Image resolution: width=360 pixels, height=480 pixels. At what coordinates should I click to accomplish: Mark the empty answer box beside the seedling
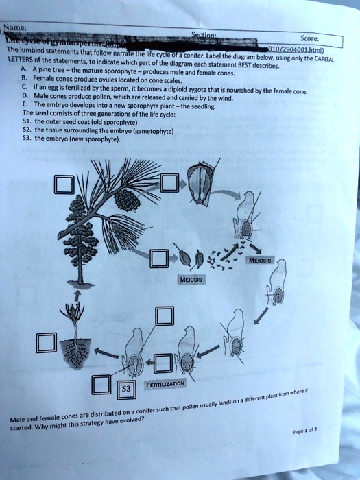click(46, 344)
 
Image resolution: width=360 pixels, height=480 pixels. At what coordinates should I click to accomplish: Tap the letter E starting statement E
click(25, 106)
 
